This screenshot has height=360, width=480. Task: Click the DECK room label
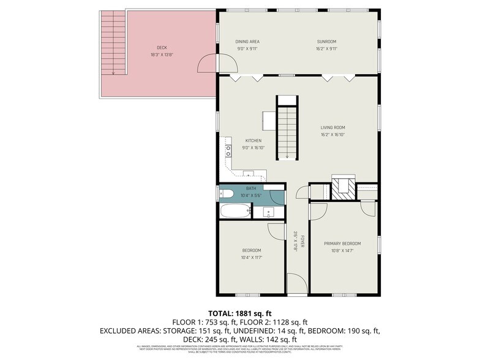pyautogui.click(x=162, y=47)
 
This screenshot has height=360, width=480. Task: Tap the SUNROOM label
pyautogui.click(x=327, y=42)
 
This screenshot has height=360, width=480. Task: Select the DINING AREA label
pyautogui.click(x=248, y=42)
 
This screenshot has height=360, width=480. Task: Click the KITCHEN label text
pyautogui.click(x=253, y=140)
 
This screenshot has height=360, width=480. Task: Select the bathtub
pyautogui.click(x=236, y=211)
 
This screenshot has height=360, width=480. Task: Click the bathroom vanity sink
pyautogui.click(x=269, y=212)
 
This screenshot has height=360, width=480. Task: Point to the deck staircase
pyautogui.click(x=112, y=43)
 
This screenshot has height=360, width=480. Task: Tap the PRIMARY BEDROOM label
pyautogui.click(x=342, y=243)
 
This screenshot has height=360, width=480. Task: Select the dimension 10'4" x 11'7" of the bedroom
pyautogui.click(x=252, y=257)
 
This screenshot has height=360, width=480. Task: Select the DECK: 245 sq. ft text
pyautogui.click(x=215, y=339)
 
